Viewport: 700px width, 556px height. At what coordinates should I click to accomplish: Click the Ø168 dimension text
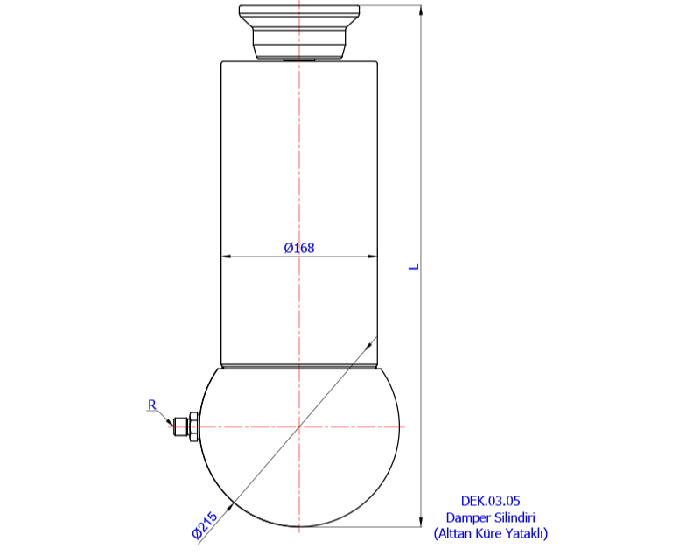299,248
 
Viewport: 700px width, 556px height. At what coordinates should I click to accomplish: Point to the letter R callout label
151,405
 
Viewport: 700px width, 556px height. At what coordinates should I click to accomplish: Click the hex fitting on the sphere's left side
184,426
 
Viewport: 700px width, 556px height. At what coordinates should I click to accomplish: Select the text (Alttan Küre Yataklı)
490,532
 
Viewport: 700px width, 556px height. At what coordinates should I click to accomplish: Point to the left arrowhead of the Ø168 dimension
225,257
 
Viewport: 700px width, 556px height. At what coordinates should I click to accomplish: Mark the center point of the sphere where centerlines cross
299,426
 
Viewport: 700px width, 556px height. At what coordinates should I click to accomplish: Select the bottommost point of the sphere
299,527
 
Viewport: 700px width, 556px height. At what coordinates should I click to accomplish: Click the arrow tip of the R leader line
172,426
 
